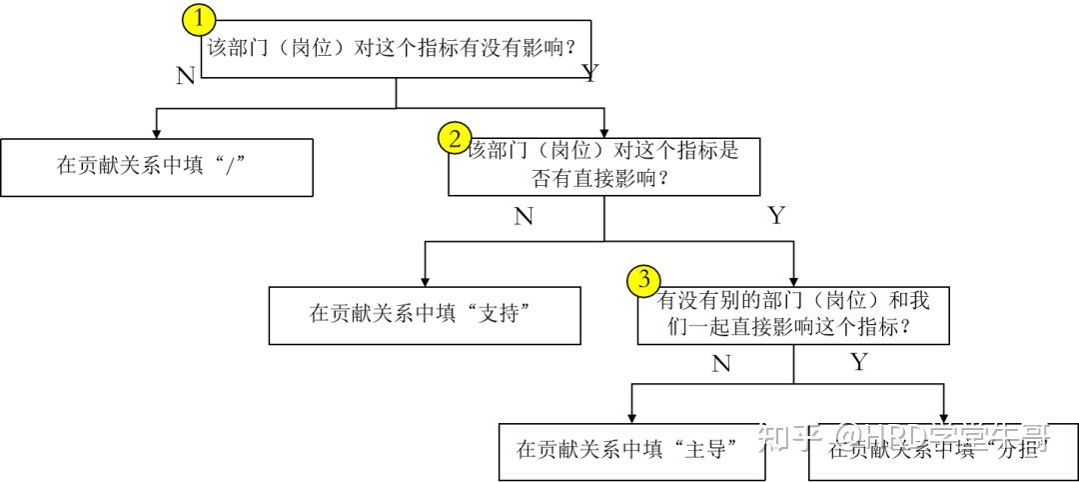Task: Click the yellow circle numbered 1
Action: (x=200, y=18)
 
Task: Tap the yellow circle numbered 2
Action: (x=456, y=139)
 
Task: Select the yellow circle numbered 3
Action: (x=644, y=281)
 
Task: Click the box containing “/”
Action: (x=157, y=167)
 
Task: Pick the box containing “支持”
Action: (x=425, y=315)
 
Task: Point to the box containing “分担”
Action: (x=943, y=450)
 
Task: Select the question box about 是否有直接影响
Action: (x=603, y=166)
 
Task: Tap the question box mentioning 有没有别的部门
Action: (x=793, y=314)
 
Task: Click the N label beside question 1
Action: (x=185, y=76)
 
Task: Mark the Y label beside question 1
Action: (x=589, y=73)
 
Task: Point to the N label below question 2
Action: (x=524, y=217)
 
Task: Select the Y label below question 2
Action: (x=775, y=216)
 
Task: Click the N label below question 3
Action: (x=721, y=364)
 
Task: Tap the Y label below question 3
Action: (x=858, y=362)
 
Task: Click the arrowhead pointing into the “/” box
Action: (x=156, y=132)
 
